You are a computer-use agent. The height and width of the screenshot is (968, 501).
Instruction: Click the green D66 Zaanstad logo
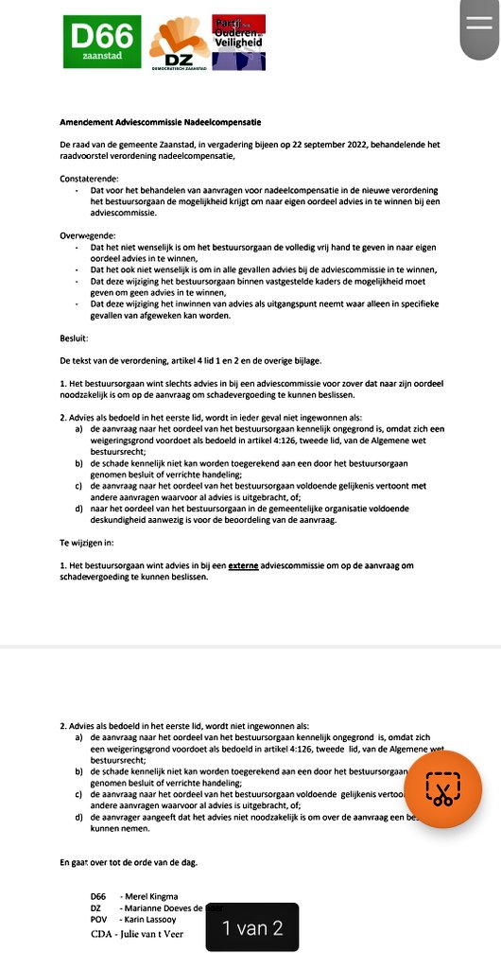click(102, 41)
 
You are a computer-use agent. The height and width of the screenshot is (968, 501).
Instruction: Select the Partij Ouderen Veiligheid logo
click(238, 41)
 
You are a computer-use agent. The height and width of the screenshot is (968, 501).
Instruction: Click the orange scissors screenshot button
click(443, 788)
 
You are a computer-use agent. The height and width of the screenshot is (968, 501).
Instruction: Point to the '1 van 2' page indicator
click(251, 927)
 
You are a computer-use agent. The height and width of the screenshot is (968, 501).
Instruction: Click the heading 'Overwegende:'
click(88, 233)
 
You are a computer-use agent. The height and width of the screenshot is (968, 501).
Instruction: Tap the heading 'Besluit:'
click(74, 337)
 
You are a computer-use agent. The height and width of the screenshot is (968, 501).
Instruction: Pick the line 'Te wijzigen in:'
click(86, 543)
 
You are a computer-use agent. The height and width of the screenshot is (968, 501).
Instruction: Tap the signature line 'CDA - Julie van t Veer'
click(136, 933)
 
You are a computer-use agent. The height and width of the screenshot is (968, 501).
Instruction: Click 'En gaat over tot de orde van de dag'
click(128, 862)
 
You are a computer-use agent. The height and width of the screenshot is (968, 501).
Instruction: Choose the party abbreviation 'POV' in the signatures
click(99, 918)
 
